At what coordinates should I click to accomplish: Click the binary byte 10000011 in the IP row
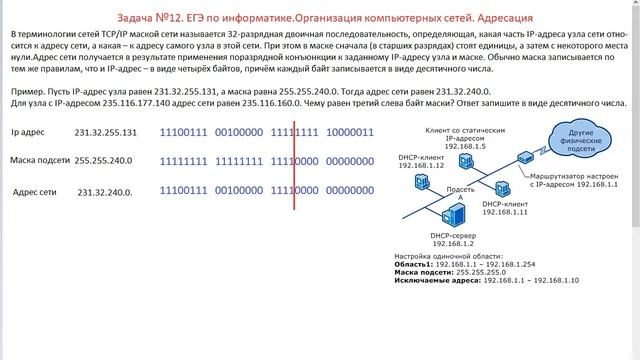[351, 132]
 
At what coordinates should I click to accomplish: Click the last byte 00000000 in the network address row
[351, 190]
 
